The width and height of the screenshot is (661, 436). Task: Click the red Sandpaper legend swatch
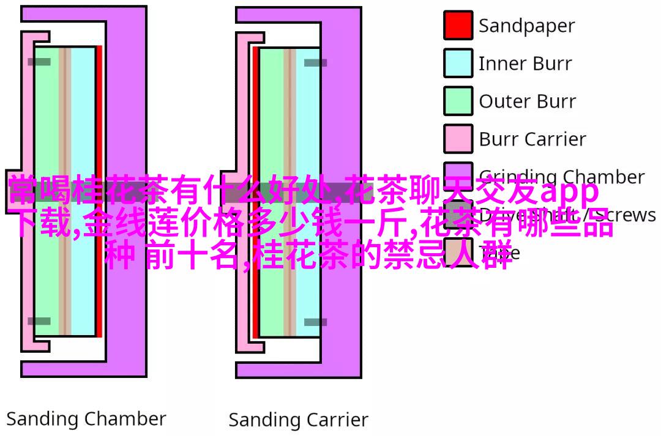coord(458,25)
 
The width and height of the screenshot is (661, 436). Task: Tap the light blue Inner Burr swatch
coord(458,63)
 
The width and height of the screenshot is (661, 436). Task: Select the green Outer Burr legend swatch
coord(458,101)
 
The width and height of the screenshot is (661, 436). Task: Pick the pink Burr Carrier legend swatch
coord(458,139)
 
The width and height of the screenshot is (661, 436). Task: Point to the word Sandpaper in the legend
coord(526,26)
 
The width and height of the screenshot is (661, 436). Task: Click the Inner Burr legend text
coord(525,64)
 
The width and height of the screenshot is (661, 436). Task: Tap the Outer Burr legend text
coord(527,102)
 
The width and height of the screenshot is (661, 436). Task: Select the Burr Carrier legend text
coord(532,139)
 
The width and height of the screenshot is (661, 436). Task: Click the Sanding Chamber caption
coord(86,419)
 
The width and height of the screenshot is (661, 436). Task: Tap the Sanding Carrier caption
coord(298,421)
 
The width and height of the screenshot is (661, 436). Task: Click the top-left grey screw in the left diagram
coord(39,62)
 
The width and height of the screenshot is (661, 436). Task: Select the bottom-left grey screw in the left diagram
coord(39,321)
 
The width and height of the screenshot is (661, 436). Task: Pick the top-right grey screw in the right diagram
coord(316,62)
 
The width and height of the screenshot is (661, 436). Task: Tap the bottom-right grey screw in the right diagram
coord(316,322)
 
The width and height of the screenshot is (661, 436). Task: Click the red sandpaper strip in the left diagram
coord(99,122)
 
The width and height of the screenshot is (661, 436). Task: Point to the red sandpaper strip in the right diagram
coord(256,122)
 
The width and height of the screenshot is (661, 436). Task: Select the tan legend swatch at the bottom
coord(458,251)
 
